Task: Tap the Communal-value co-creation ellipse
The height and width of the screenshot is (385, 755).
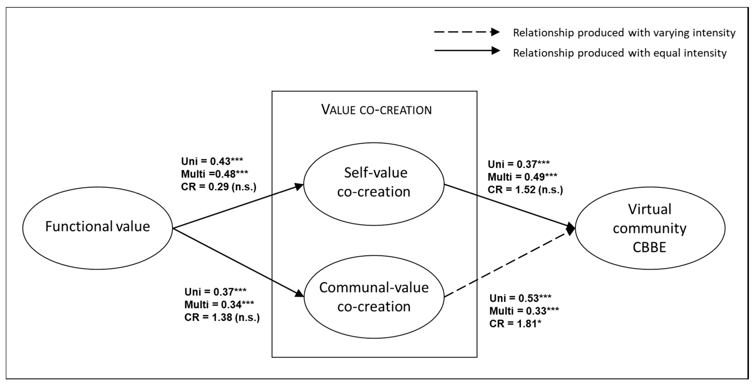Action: click(374, 297)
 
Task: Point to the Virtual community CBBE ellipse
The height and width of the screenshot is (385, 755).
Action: click(650, 228)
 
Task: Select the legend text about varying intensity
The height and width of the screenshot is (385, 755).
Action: click(624, 33)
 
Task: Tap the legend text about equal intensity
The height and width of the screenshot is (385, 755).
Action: click(620, 53)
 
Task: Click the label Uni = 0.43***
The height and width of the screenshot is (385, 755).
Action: click(212, 161)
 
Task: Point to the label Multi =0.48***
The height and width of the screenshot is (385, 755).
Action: click(214, 174)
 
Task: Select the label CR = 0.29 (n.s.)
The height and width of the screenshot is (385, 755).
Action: click(219, 187)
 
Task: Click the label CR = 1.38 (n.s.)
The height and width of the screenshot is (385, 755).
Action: click(222, 317)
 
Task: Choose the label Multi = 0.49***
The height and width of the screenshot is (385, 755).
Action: click(522, 177)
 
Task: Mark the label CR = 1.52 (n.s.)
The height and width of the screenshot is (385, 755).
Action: click(525, 190)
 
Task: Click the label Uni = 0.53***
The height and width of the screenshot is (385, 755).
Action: click(520, 298)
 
